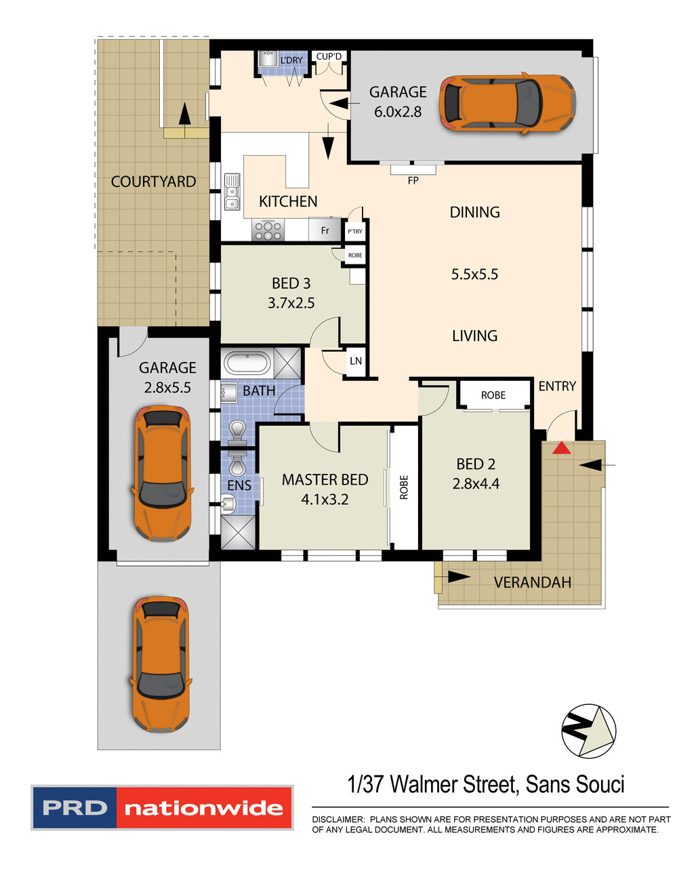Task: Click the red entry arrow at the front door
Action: point(560,448)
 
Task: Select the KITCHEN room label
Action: point(288,201)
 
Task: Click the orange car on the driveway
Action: point(160,664)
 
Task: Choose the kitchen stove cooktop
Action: point(268,230)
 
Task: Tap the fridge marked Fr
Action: point(325,230)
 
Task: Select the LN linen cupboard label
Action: point(356,361)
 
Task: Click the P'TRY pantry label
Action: point(355,231)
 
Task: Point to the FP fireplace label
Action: point(413,180)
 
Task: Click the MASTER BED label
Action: point(325,480)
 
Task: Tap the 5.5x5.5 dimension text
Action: point(474,275)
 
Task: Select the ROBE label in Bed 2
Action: point(493,395)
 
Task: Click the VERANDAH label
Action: point(532,582)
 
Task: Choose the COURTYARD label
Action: point(153,182)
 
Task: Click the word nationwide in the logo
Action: point(203,808)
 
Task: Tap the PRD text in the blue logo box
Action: point(75,808)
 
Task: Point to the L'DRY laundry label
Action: point(291,60)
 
